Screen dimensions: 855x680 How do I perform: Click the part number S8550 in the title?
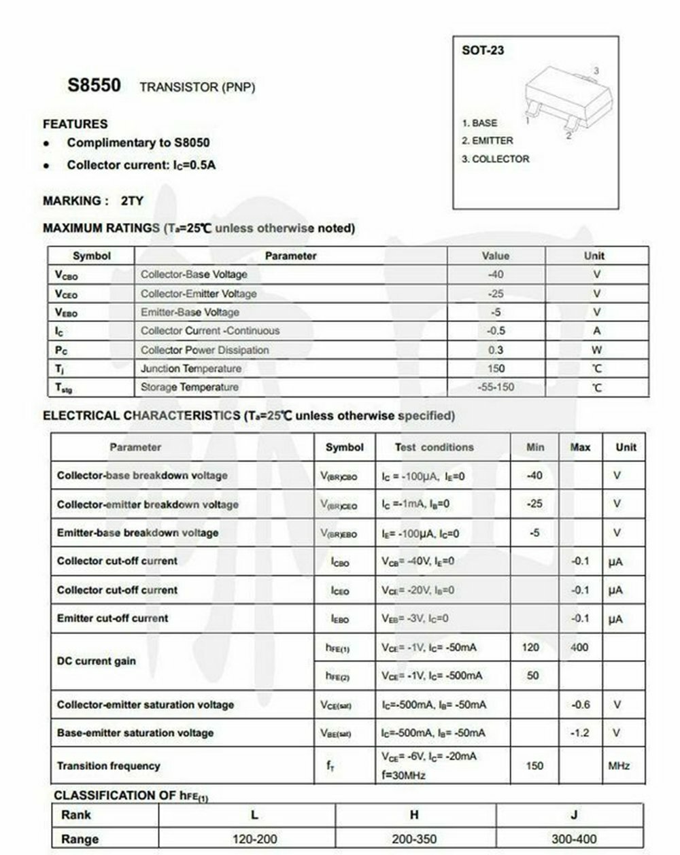(x=94, y=86)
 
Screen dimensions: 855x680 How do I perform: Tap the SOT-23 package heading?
(x=483, y=50)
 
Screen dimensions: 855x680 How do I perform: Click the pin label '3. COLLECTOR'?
(x=495, y=159)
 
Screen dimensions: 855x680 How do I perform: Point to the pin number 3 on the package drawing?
(x=596, y=71)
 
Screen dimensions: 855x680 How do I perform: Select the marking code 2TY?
(x=132, y=201)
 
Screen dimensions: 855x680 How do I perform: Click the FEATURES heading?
(x=75, y=124)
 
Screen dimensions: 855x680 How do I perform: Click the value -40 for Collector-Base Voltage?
(x=496, y=275)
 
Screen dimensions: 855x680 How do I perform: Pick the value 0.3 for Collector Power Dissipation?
(x=496, y=350)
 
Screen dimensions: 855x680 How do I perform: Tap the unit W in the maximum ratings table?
(x=596, y=350)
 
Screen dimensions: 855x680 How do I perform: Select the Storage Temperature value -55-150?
(x=496, y=387)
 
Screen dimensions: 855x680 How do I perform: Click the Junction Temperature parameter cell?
(x=191, y=368)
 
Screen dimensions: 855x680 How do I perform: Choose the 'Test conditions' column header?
(x=434, y=447)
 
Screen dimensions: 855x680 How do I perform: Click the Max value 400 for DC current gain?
(x=579, y=647)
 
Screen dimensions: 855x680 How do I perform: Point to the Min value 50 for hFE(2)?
(x=533, y=676)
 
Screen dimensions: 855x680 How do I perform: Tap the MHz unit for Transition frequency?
(x=619, y=766)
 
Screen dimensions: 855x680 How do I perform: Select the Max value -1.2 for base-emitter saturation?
(x=580, y=733)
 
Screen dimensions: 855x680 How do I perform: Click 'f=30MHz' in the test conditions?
(x=403, y=775)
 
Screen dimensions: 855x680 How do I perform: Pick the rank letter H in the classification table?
(x=414, y=815)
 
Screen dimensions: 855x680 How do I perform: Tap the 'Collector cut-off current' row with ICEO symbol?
(x=117, y=590)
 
